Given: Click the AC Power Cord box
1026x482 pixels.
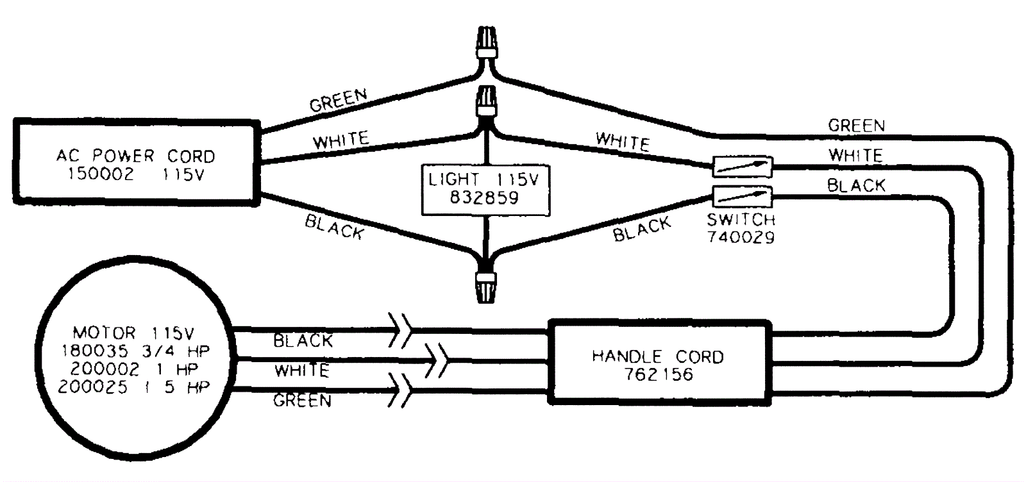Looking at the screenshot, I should (136, 163).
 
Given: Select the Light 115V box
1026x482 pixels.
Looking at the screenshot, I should (485, 188).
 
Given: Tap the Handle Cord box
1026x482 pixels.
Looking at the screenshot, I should (659, 363).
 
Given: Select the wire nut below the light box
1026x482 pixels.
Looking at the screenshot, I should (485, 285).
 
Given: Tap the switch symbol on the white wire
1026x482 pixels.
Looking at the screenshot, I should (743, 167).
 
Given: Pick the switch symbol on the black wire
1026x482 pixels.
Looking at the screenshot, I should (743, 195).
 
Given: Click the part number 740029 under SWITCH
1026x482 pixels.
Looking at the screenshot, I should (741, 237).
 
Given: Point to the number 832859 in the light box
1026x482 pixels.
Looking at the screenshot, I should (484, 197).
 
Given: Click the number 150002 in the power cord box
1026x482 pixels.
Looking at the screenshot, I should (101, 174).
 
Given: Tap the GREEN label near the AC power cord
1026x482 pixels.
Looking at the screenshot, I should (338, 100).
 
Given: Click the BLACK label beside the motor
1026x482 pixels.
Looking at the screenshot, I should (303, 340).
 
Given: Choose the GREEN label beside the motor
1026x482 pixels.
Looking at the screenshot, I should (302, 401).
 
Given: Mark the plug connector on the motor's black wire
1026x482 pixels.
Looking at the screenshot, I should (402, 331).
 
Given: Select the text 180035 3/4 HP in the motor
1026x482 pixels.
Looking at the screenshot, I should (135, 351).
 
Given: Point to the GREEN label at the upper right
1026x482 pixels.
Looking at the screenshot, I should (856, 126).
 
